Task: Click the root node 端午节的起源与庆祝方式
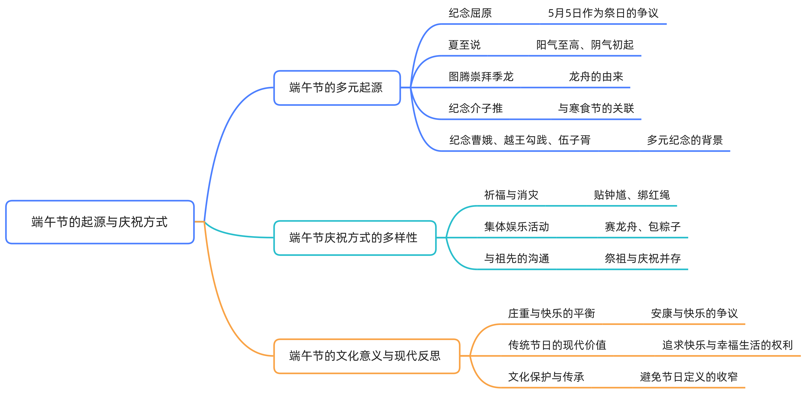100,222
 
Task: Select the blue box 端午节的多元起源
337,88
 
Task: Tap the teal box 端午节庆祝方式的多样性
354,238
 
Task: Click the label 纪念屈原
470,13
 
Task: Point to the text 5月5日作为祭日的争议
603,13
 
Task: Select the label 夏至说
464,45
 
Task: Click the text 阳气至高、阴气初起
585,45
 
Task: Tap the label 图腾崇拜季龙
481,77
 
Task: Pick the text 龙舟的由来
596,77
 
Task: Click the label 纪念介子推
475,108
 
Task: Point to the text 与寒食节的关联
596,108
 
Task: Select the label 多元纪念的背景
685,140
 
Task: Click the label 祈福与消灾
511,195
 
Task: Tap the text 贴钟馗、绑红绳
631,195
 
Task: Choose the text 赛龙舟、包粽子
642,227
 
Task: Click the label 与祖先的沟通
517,258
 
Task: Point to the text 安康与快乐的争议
694,313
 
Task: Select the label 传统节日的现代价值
557,345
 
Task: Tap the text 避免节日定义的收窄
689,377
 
